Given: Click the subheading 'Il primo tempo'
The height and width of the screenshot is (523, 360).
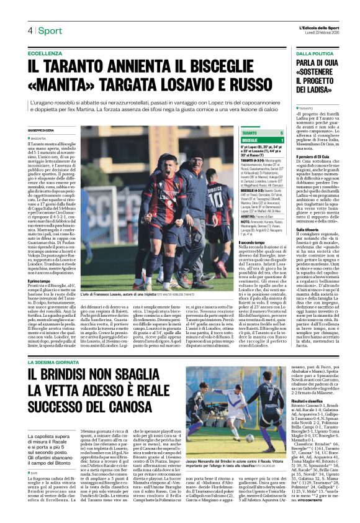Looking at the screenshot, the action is (x=40, y=281).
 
